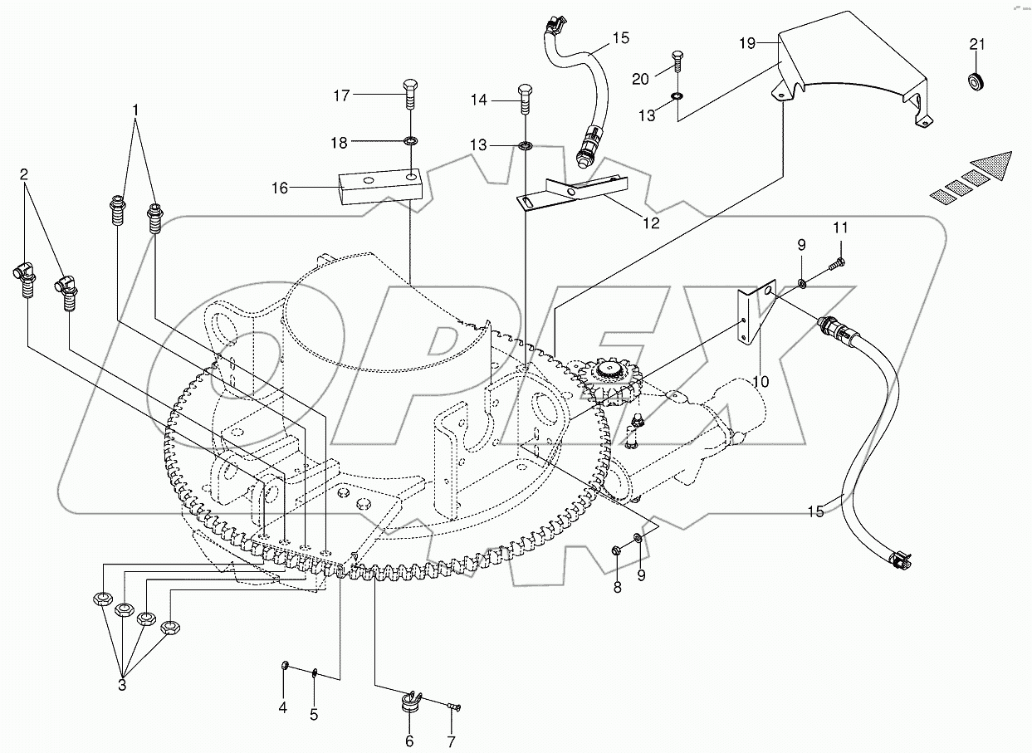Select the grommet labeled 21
(976, 82)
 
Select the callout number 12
(650, 222)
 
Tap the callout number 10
(761, 381)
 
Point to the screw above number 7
(452, 707)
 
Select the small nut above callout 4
(284, 664)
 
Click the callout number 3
(122, 685)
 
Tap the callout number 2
(24, 174)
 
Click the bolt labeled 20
(677, 62)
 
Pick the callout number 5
(314, 713)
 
